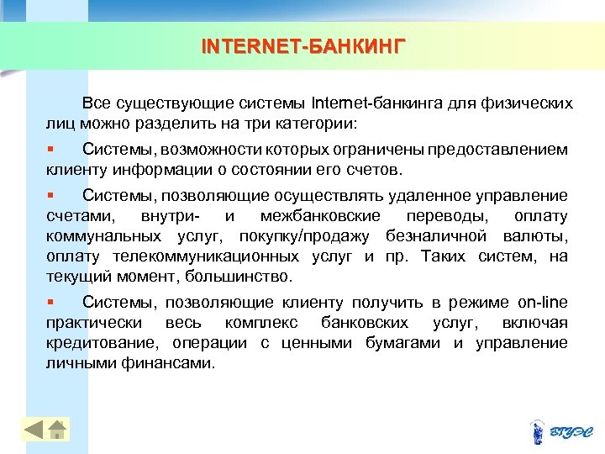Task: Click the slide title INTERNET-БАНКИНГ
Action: point(302,44)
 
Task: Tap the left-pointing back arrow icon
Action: point(33,429)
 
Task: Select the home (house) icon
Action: point(56,429)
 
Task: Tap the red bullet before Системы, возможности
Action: point(50,149)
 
